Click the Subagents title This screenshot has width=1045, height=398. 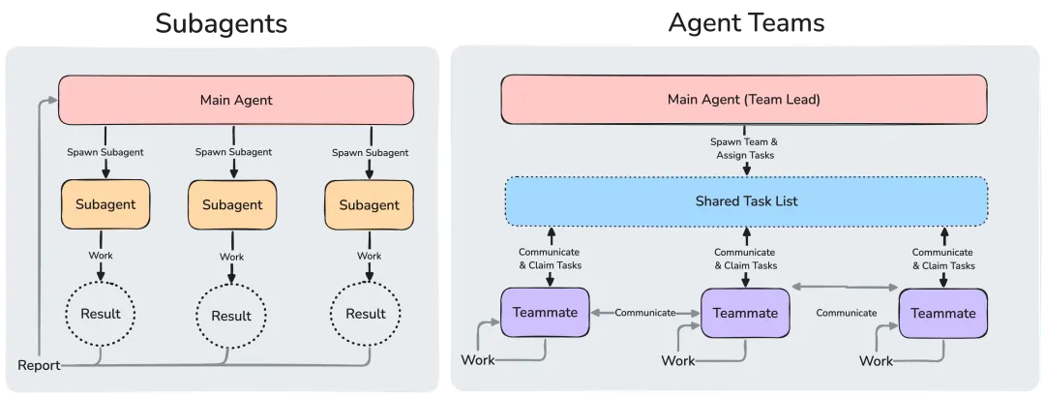coord(222,23)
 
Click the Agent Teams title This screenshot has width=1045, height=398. coord(746,22)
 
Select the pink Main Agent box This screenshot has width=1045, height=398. coord(236,100)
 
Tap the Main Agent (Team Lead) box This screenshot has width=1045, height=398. coord(744,100)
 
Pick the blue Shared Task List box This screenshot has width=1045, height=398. coord(746,200)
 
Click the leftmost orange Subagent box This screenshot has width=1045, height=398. coord(105,204)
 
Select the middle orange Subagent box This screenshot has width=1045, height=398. coord(232,205)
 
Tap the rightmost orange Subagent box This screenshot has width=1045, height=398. coord(369,205)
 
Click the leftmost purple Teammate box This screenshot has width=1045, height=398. coord(545,312)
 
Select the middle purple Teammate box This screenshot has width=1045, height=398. coord(745,313)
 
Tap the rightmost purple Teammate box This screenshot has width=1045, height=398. coord(943,314)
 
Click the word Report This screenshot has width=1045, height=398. coord(39,365)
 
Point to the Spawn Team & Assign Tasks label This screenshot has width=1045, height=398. coord(745,148)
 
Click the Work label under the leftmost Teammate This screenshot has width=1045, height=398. coord(478,360)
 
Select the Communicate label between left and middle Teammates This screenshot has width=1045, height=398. coord(645,312)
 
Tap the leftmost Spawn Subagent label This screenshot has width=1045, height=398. coord(105,152)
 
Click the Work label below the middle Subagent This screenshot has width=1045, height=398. coord(232,257)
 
